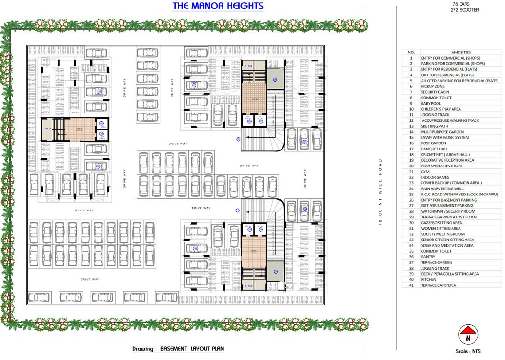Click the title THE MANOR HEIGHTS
point(218,6)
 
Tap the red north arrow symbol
point(468,335)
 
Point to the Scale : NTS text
point(468,351)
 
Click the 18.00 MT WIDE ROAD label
point(380,192)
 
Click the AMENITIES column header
point(460,52)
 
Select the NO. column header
point(411,52)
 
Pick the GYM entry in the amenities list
point(425,172)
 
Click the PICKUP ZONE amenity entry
point(432,86)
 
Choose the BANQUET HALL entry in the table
point(434,149)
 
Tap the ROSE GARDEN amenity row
point(433,143)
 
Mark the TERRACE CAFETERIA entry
point(438,285)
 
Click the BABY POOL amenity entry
point(431,103)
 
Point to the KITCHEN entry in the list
point(428,279)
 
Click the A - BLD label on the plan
point(248,66)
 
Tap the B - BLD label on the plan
point(249,285)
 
